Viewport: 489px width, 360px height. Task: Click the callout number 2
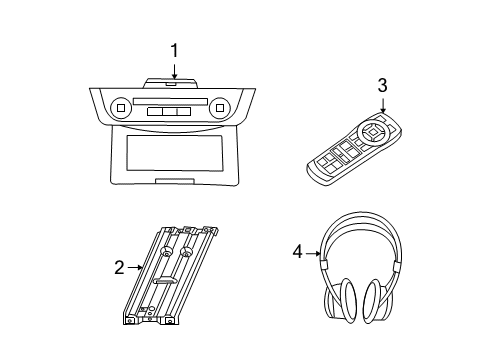tap(119, 267)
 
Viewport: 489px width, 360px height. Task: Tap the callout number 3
tap(382, 85)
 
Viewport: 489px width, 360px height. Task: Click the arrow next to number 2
tap(136, 267)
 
